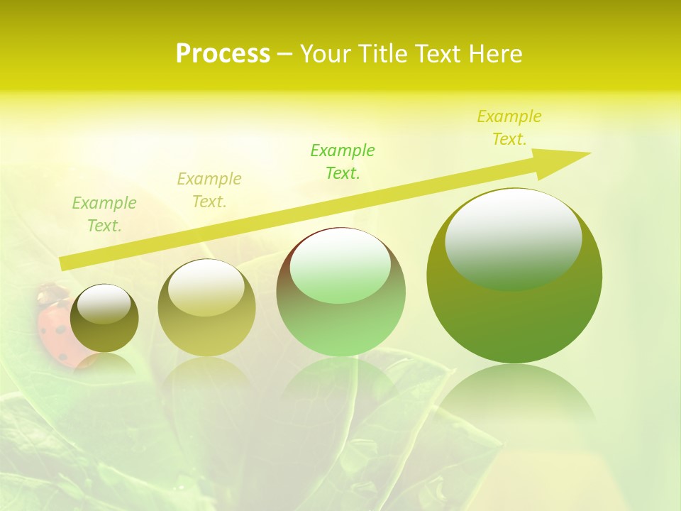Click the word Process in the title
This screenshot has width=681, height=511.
click(x=223, y=54)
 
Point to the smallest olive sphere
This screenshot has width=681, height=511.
click(x=104, y=319)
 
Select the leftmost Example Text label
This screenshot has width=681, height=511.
click(x=104, y=214)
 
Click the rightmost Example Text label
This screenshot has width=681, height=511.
click(x=509, y=128)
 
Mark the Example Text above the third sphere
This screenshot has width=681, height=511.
click(x=343, y=161)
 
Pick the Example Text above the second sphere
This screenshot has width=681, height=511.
click(x=209, y=190)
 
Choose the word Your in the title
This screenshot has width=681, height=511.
click(x=323, y=54)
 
